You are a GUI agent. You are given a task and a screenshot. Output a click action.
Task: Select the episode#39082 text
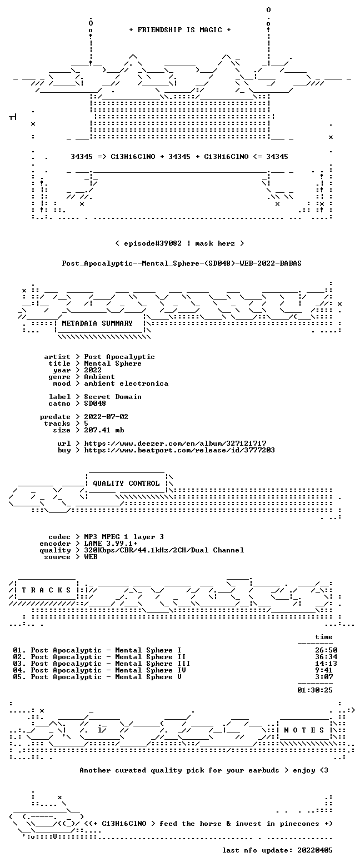(153, 243)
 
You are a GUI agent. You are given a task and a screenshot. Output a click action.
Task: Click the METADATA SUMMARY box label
(97, 323)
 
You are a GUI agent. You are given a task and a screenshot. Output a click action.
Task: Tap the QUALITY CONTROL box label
(126, 483)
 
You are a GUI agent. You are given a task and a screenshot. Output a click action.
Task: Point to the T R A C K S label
(47, 590)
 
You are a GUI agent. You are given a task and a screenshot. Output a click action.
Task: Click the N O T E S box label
(304, 730)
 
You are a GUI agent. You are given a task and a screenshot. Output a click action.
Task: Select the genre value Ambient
(99, 377)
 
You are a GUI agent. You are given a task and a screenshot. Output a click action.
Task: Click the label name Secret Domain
(113, 397)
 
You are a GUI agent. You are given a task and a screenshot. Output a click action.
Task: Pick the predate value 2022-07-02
(106, 416)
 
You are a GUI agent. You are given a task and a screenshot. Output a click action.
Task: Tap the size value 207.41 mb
(104, 430)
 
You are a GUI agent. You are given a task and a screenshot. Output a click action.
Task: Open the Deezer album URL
(176, 443)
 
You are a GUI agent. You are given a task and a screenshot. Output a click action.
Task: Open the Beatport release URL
(179, 450)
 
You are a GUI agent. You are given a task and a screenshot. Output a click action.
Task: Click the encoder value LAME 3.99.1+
(111, 544)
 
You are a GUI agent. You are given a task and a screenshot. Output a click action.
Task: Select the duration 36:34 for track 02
(326, 657)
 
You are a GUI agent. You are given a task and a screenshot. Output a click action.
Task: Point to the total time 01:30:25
(315, 690)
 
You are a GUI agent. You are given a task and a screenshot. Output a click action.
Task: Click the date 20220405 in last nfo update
(315, 850)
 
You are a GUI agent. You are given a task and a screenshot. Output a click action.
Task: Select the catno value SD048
(95, 403)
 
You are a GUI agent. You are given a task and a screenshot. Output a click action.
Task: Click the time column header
(324, 637)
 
